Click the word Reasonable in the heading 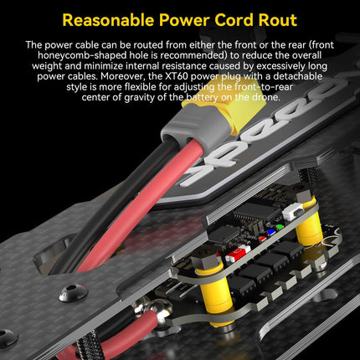point(108,20)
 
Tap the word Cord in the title point(234,20)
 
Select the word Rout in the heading point(278,20)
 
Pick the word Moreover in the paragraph point(123,76)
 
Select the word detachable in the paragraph point(298,76)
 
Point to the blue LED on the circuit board point(270,232)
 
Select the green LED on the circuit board point(280,227)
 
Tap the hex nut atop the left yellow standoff point(206,255)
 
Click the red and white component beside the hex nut point(238,254)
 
